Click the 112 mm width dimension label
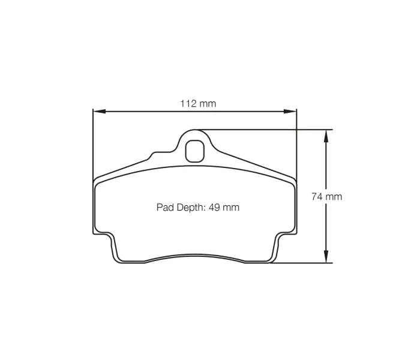click(x=198, y=104)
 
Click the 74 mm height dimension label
click(x=327, y=196)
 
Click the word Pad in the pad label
click(x=164, y=208)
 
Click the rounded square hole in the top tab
click(x=194, y=150)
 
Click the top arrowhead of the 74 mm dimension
click(x=326, y=136)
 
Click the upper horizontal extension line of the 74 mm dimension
click(x=270, y=129)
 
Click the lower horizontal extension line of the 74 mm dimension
click(x=300, y=263)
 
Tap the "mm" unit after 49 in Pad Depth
click(x=231, y=208)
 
